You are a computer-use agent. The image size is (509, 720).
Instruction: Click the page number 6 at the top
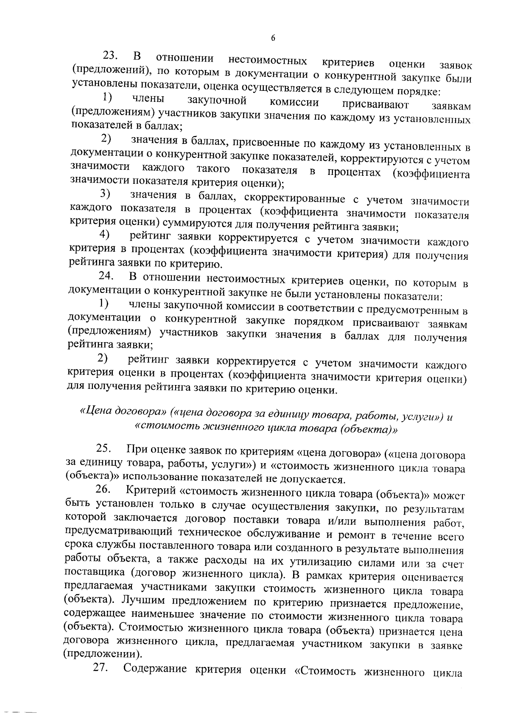(273, 38)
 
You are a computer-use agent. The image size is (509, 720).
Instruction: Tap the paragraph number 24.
(106, 276)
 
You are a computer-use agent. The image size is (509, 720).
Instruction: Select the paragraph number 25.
(104, 448)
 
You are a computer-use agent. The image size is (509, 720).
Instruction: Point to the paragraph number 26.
(103, 489)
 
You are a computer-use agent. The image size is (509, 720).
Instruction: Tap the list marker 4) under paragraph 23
(105, 234)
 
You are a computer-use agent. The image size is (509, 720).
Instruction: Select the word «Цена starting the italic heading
(95, 411)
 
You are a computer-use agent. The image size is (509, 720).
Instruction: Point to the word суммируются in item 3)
(192, 224)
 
